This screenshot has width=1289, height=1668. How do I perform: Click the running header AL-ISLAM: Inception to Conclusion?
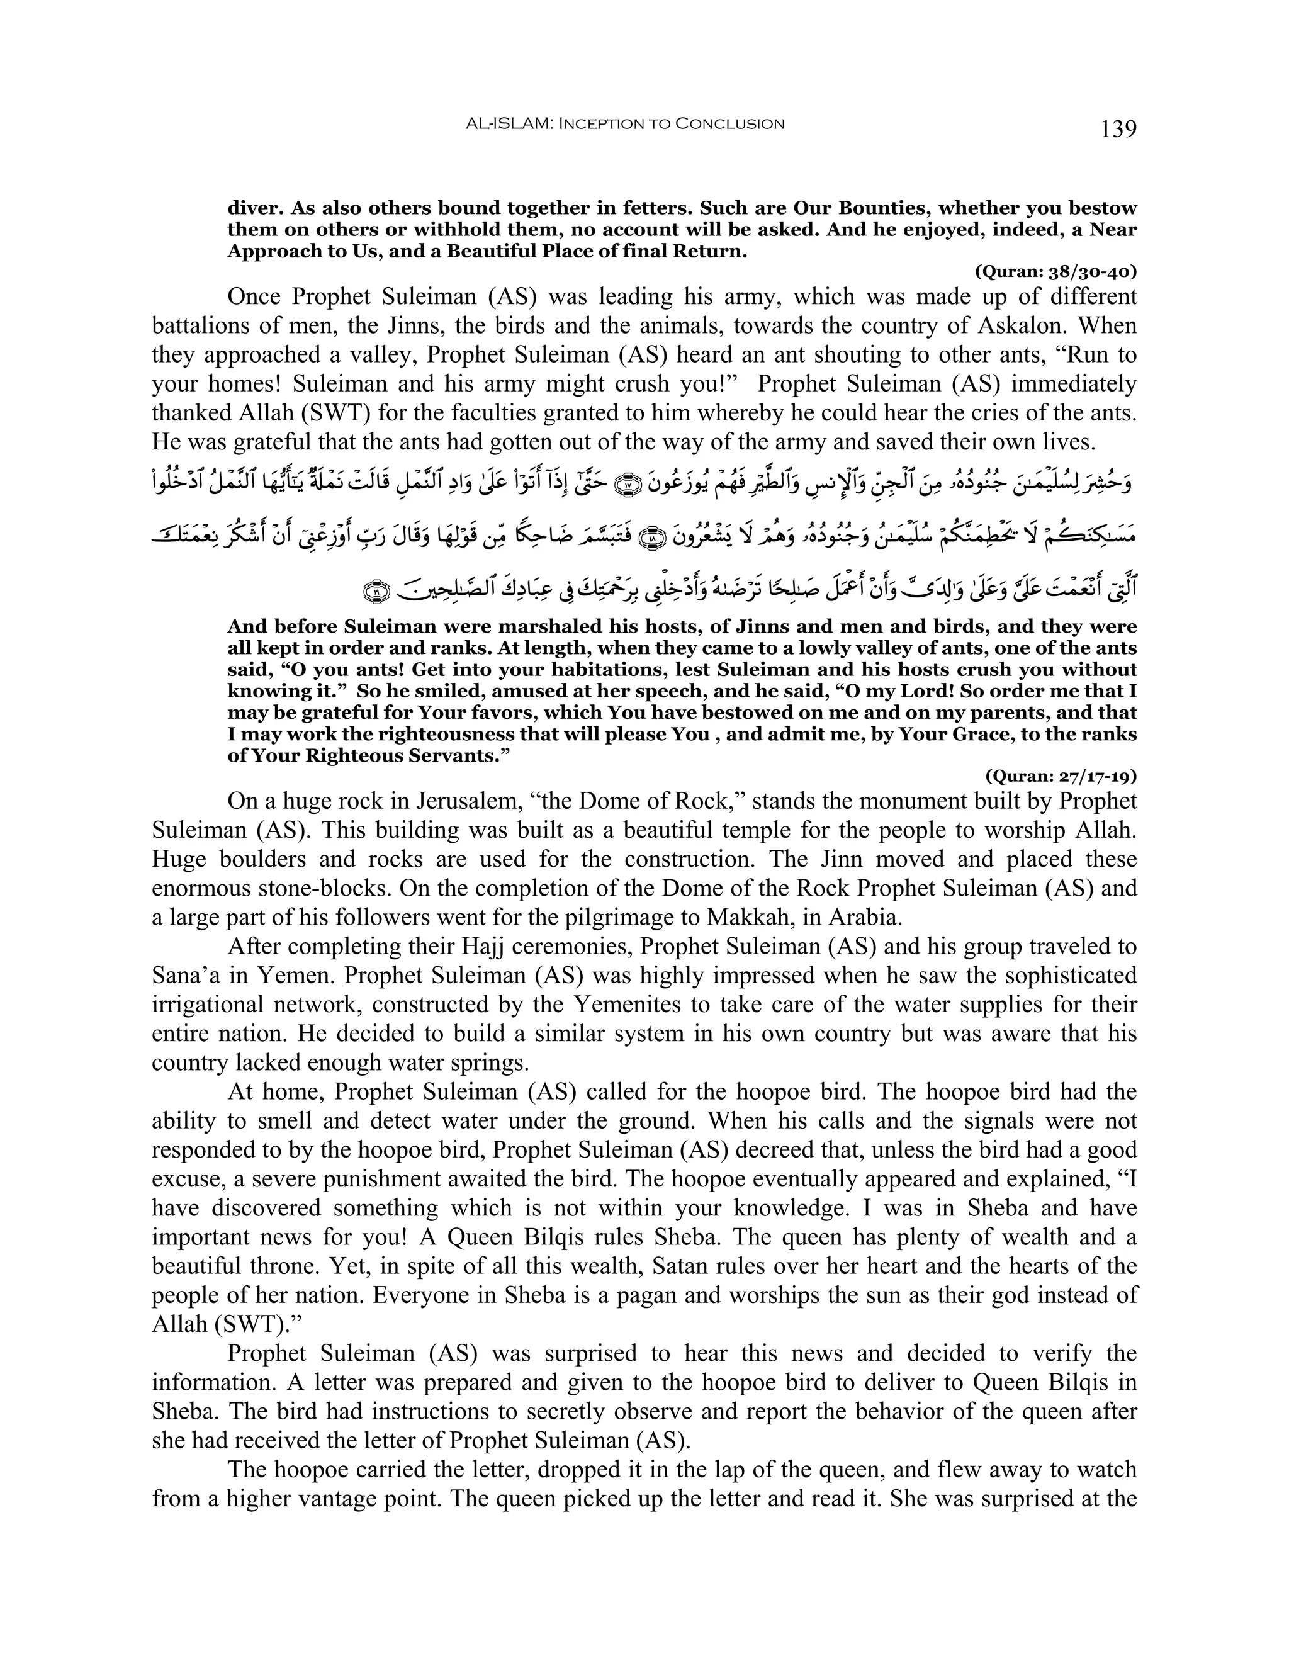click(x=624, y=124)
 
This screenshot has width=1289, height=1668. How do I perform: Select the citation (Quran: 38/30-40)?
click(x=1055, y=271)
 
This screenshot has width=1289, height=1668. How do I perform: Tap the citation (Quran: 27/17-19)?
click(x=1061, y=777)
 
